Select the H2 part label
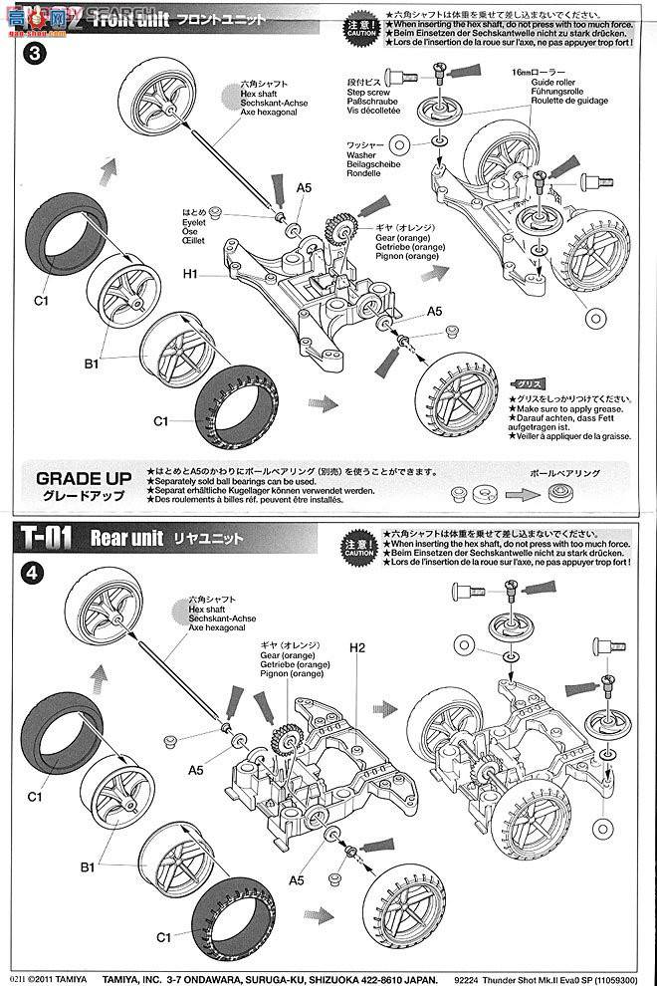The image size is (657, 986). tap(358, 648)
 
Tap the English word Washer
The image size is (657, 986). tap(361, 156)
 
